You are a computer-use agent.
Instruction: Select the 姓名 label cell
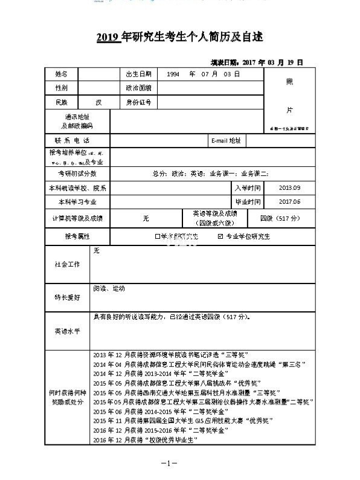click(62, 74)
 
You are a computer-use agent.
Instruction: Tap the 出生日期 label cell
click(138, 74)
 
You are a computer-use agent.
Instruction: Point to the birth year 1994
click(173, 74)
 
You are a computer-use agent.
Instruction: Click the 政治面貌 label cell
click(138, 88)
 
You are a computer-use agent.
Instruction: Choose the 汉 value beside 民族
click(99, 102)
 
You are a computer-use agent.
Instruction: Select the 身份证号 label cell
click(138, 102)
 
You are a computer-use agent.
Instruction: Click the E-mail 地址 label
click(226, 140)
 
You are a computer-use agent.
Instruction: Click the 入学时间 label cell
click(248, 188)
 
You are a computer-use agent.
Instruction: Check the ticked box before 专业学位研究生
click(220, 236)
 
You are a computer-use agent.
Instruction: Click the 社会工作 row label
click(67, 265)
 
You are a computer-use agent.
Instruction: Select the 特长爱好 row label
click(67, 298)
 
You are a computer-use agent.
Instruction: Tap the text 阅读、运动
click(109, 288)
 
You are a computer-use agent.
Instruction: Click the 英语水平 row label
click(67, 331)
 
